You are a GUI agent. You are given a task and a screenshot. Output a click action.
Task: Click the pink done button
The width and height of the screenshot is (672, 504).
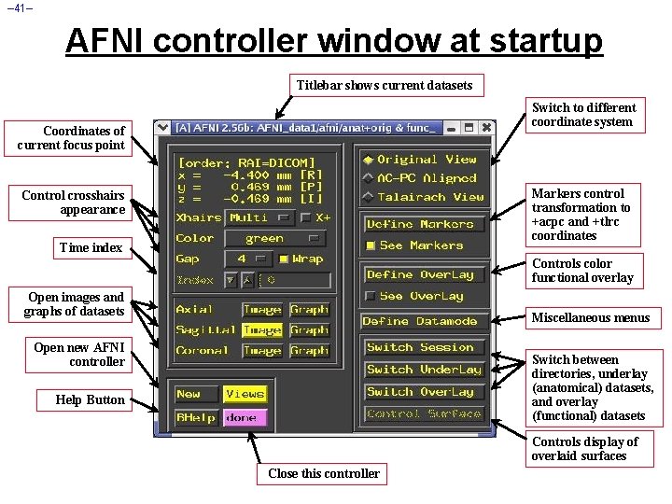point(245,418)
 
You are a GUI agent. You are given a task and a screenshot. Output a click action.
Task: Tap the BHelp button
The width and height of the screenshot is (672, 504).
point(196,418)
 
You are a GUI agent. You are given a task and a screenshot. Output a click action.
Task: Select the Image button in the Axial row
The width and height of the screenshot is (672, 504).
point(262,310)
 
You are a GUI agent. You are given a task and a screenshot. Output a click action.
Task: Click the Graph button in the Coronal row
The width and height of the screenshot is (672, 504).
point(309,351)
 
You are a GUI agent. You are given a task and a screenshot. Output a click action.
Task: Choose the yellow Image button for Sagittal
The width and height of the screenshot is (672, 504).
point(262,330)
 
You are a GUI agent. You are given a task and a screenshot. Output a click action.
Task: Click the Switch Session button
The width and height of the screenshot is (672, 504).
point(422,347)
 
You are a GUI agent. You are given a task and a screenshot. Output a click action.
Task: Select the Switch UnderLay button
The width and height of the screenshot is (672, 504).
point(423,370)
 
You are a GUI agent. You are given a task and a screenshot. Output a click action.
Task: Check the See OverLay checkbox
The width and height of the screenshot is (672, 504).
point(371,296)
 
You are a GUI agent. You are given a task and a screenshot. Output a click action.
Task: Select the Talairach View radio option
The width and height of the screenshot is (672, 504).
point(369,197)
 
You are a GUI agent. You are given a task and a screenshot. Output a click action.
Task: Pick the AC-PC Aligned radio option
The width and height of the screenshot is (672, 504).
point(369,178)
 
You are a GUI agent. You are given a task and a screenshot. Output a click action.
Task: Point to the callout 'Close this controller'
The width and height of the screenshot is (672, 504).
point(323,473)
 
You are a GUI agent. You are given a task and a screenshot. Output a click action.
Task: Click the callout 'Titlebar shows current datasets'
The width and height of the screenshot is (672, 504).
point(385,85)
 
